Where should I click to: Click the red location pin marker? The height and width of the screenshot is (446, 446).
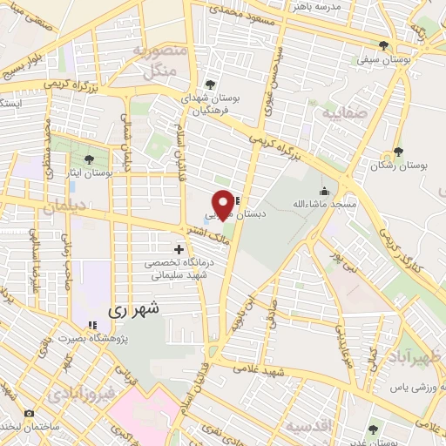pos(223,204)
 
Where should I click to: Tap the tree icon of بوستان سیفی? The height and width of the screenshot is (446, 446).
pos(384,45)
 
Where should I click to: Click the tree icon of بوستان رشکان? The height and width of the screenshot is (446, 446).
pos(398,152)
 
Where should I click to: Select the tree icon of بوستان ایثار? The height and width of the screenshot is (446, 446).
pos(90,159)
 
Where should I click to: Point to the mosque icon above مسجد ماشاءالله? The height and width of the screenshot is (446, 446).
pos(325,191)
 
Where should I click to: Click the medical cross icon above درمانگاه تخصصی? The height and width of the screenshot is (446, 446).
pos(179,250)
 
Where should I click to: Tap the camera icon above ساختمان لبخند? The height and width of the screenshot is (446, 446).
pos(30,413)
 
